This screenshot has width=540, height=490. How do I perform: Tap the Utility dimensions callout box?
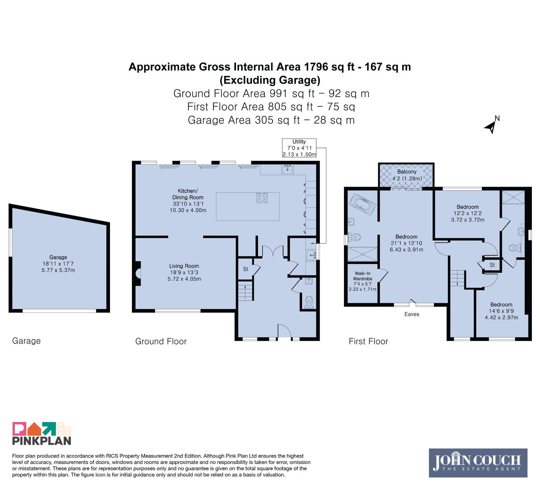point(299,148)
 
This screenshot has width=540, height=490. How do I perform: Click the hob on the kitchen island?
point(262,198)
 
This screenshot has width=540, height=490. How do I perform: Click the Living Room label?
point(184,273)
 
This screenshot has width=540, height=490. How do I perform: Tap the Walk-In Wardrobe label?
point(362,281)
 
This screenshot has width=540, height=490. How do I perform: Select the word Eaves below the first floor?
point(412,314)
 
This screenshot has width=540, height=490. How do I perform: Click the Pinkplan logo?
point(42,433)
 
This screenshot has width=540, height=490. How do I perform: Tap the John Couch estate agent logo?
point(478,463)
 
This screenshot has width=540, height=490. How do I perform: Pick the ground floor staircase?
point(245,290)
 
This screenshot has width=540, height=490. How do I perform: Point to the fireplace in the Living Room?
point(138,274)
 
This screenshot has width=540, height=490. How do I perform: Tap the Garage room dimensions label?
point(58,264)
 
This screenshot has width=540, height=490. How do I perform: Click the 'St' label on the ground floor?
point(246,269)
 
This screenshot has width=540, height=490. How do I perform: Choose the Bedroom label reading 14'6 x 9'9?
point(501,311)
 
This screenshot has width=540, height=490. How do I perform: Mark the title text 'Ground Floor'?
point(161,341)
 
